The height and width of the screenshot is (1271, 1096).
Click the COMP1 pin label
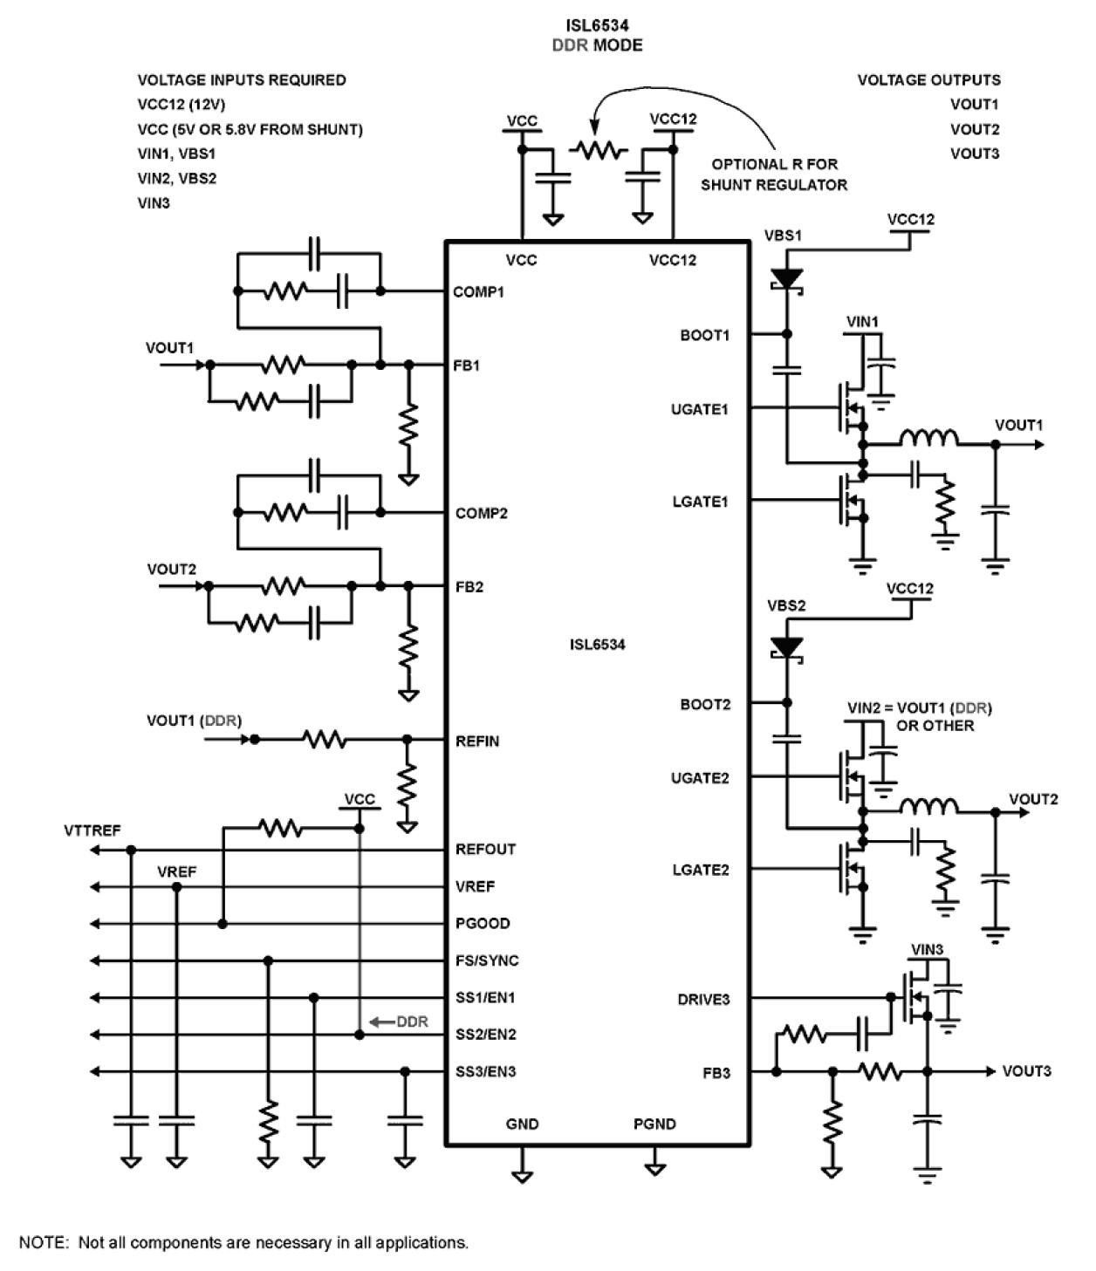click(x=478, y=292)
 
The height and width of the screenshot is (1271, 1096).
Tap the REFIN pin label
click(x=477, y=741)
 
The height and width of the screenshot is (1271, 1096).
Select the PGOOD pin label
click(x=483, y=924)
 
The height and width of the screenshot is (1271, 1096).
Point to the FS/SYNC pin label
click(x=487, y=961)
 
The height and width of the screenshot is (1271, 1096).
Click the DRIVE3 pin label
click(x=703, y=1000)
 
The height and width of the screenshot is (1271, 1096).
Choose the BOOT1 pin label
click(x=704, y=335)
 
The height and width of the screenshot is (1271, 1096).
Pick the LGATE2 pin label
click(x=701, y=871)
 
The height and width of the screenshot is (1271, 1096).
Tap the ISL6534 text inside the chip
click(x=597, y=646)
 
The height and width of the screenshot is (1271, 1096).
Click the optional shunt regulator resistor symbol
click(x=599, y=151)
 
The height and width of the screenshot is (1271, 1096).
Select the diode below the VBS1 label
click(x=787, y=279)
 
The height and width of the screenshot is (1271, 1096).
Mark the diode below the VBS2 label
click(x=787, y=648)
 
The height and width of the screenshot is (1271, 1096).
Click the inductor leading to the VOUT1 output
click(x=928, y=437)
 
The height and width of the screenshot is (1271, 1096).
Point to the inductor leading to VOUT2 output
click(x=928, y=806)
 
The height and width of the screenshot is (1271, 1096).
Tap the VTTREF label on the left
click(x=92, y=831)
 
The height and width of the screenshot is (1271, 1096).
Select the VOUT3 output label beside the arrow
click(x=1026, y=1071)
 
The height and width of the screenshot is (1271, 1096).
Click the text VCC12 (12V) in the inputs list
click(x=182, y=105)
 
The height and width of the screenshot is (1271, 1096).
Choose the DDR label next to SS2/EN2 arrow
click(x=412, y=1022)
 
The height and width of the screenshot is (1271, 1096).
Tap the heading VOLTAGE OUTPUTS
click(x=928, y=80)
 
